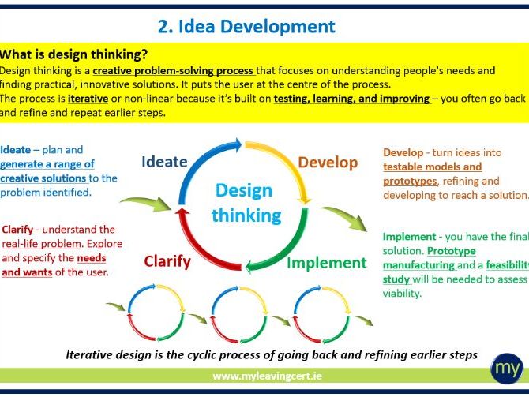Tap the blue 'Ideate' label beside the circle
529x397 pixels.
coord(164,162)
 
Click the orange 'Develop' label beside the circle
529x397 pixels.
coord(328,162)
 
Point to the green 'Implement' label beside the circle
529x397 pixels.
coord(326,263)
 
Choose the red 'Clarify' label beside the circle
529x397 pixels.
coord(169,261)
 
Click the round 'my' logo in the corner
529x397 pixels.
coord(505,369)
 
